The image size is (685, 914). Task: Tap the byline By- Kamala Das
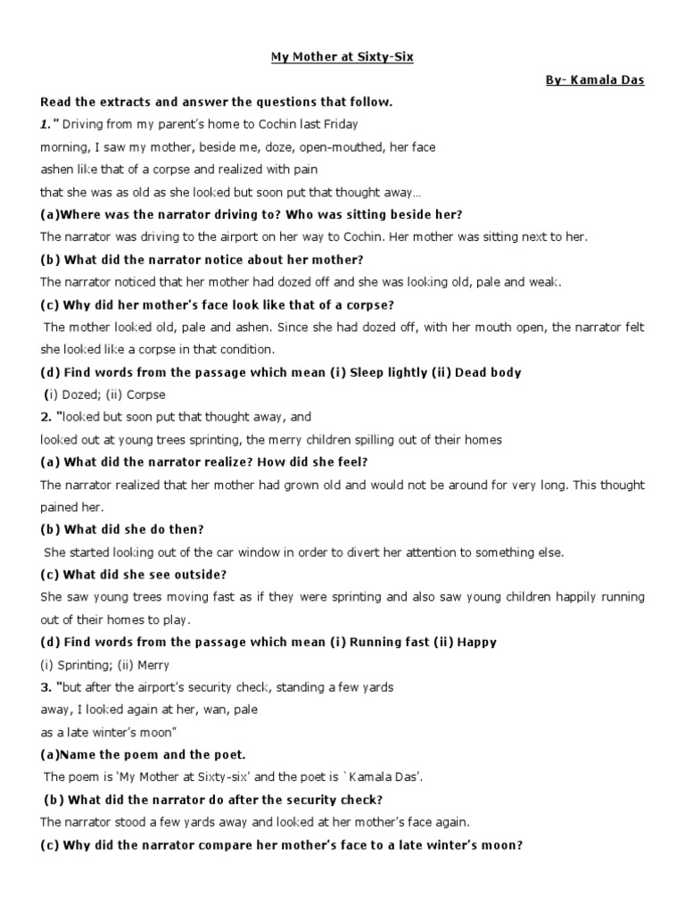click(595, 80)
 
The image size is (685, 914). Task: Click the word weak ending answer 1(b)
click(545, 282)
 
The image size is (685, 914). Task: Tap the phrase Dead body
click(488, 372)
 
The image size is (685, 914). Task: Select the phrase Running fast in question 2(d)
click(388, 642)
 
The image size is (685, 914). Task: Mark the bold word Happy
click(477, 642)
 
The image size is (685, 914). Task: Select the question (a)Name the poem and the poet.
click(130, 754)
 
